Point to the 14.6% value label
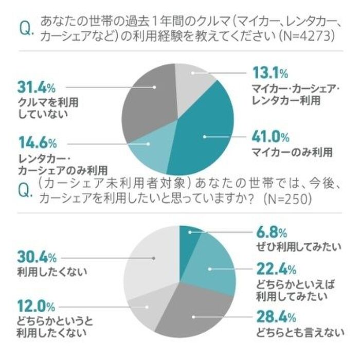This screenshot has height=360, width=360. (x=37, y=142)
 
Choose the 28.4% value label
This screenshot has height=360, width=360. (x=271, y=315)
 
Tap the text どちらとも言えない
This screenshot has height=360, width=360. (x=298, y=330)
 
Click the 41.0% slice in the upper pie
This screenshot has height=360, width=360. (x=206, y=136)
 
